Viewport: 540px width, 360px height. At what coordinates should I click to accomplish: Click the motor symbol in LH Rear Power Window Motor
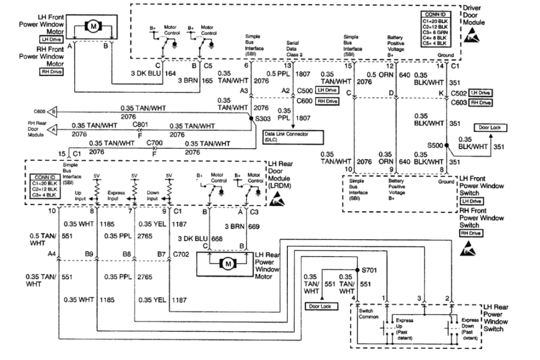pyautogui.click(x=228, y=264)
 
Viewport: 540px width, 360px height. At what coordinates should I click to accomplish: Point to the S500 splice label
pyautogui.click(x=435, y=146)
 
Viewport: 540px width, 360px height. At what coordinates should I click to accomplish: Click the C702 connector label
pyautogui.click(x=182, y=253)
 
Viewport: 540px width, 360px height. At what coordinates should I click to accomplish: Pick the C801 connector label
pyautogui.click(x=139, y=124)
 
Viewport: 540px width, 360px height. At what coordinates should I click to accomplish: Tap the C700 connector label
pyautogui.click(x=154, y=142)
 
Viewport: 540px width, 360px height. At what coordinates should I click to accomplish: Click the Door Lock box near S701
pyautogui.click(x=319, y=306)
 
